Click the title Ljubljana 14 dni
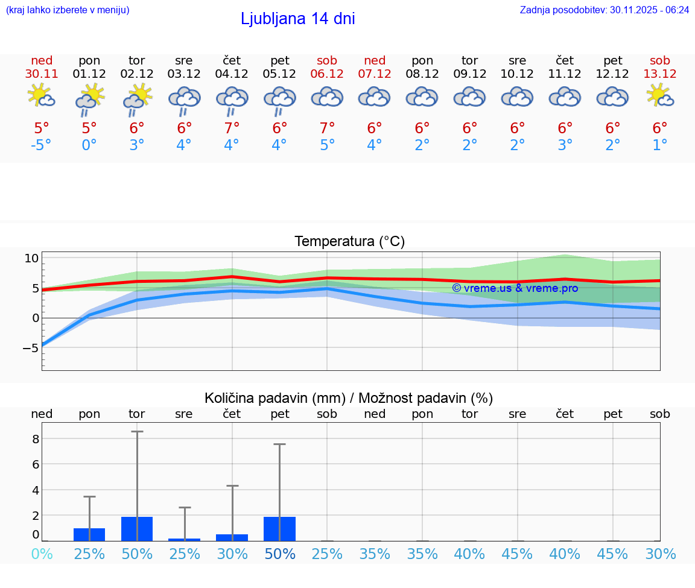click(x=297, y=19)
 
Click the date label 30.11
click(x=42, y=74)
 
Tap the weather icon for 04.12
click(x=232, y=99)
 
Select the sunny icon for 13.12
click(x=660, y=95)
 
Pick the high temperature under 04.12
click(x=232, y=128)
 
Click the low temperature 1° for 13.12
click(x=660, y=145)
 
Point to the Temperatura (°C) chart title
click(x=349, y=242)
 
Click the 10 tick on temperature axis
click(x=31, y=258)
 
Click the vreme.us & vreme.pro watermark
click(x=515, y=288)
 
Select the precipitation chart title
click(x=349, y=398)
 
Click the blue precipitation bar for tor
click(x=137, y=529)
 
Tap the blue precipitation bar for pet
click(x=279, y=529)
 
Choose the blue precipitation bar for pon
click(x=89, y=534)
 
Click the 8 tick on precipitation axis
click(x=36, y=438)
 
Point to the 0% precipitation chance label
click(x=42, y=554)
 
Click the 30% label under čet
click(x=232, y=554)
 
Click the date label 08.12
click(x=422, y=74)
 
